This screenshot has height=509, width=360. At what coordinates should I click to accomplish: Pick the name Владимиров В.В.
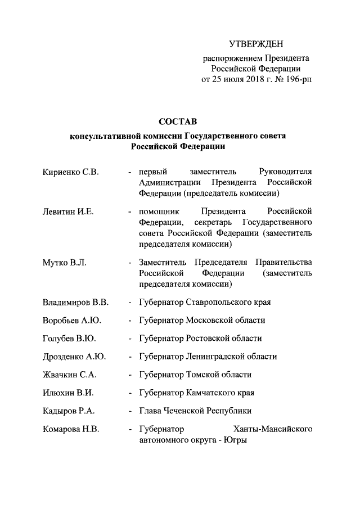click(75, 302)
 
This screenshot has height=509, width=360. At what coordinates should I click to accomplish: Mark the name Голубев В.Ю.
click(69, 338)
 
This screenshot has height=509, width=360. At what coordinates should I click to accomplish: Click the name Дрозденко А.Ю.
click(74, 356)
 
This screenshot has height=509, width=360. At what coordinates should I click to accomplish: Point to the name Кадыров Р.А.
click(69, 410)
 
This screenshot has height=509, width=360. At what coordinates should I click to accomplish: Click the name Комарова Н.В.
click(71, 429)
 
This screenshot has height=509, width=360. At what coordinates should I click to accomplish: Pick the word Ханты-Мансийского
click(272, 429)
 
